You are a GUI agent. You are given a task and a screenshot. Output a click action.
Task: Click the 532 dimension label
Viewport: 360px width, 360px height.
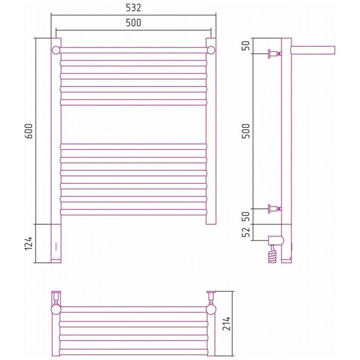(133, 8)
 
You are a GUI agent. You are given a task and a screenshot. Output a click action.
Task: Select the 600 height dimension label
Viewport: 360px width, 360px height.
(29, 131)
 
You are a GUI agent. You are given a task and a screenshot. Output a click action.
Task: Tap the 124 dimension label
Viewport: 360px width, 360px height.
(29, 243)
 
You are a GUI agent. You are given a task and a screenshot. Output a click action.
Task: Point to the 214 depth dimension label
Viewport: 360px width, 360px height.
(226, 324)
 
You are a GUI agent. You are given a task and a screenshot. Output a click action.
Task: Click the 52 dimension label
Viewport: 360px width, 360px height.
(246, 232)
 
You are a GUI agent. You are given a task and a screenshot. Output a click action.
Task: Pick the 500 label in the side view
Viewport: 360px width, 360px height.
(246, 131)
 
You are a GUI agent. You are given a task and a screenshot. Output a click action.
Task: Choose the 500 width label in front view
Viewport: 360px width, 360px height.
(133, 23)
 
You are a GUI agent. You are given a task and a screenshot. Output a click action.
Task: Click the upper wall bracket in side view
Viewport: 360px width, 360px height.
(275, 54)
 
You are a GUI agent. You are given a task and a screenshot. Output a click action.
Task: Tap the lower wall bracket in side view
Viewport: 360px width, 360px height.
(275, 209)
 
